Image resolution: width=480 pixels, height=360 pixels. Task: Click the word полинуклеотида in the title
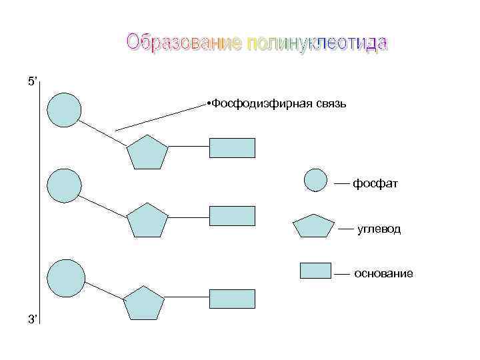click(x=317, y=43)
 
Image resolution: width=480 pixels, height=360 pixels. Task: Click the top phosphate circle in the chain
click(x=65, y=110)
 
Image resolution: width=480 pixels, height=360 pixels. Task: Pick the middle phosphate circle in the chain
click(x=65, y=185)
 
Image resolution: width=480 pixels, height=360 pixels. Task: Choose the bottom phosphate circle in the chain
click(x=67, y=277)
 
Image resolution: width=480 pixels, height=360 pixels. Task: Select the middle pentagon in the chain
click(x=147, y=221)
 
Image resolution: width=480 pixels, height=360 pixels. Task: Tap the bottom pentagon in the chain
click(x=143, y=303)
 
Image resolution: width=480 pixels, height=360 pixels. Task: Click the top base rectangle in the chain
click(x=232, y=147)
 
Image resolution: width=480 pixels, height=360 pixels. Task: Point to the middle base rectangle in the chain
click(x=232, y=216)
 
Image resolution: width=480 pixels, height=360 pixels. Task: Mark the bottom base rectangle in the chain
click(x=232, y=299)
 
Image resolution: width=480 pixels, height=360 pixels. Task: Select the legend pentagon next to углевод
click(x=314, y=227)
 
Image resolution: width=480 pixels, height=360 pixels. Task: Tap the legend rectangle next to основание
click(x=315, y=270)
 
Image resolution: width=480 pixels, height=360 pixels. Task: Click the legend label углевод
click(x=379, y=229)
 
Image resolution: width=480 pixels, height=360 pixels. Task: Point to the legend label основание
click(x=383, y=273)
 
